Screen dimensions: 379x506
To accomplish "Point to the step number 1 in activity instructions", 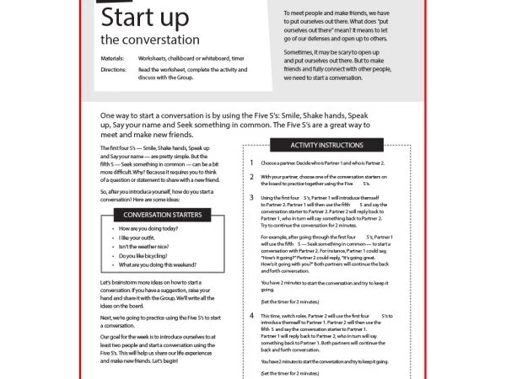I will click(251, 163).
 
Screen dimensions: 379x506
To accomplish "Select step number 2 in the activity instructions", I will click(251, 177).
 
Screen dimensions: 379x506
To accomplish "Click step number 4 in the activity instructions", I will click(251, 315).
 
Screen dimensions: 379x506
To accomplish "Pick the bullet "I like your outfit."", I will click(138, 241).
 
